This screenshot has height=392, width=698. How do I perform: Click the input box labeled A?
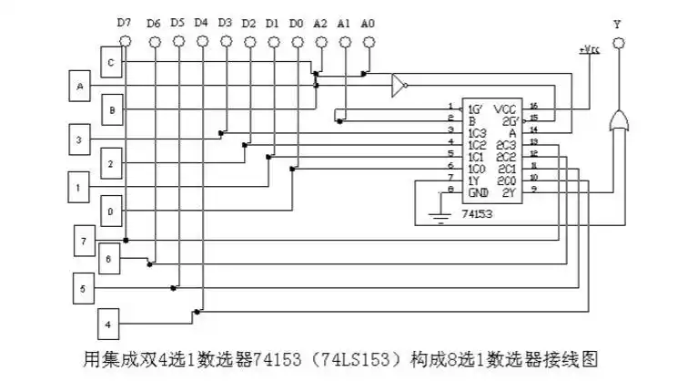[79, 87]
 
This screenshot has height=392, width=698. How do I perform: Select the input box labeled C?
[110, 62]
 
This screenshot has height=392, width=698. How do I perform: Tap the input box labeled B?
[110, 109]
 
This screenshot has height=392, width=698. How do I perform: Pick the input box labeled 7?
[84, 241]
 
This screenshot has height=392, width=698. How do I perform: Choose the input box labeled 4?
[109, 324]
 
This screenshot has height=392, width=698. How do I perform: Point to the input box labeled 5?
[84, 288]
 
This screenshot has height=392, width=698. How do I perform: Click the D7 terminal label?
[125, 23]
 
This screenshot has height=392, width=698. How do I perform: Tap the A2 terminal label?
[319, 23]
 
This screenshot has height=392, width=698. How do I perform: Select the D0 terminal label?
[295, 23]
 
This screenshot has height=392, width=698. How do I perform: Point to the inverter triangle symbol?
[398, 86]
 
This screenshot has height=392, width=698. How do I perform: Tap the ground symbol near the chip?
[440, 218]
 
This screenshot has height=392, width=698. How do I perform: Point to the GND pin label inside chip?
[477, 192]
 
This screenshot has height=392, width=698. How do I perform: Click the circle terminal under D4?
[202, 42]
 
